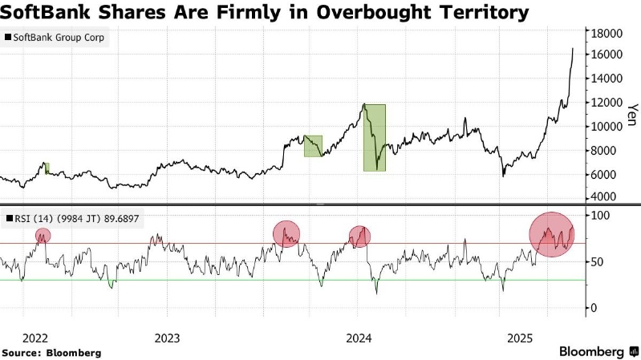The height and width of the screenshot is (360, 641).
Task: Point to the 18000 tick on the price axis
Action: pos(607,33)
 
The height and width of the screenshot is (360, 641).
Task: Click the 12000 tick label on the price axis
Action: pos(607,103)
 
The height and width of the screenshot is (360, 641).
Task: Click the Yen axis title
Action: pos(631,115)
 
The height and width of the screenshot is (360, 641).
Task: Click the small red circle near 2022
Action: pos(43,236)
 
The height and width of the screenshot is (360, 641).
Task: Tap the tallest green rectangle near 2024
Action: pos(374,137)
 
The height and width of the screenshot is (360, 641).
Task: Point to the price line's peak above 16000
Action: pos(573,49)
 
